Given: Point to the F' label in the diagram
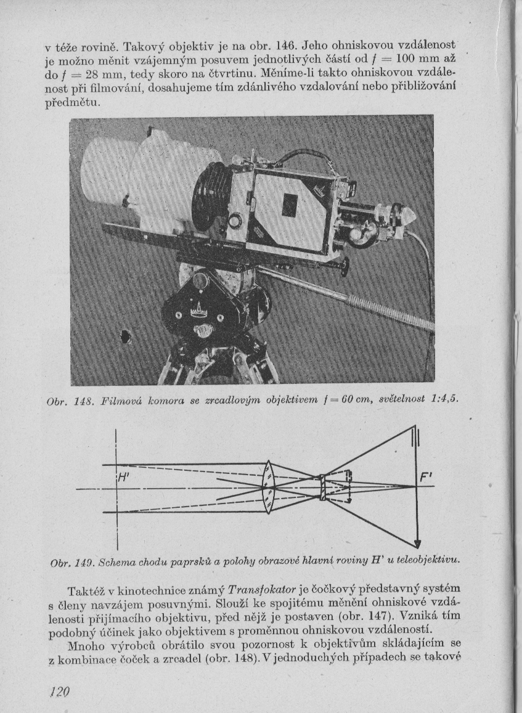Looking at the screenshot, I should (x=426, y=478).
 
